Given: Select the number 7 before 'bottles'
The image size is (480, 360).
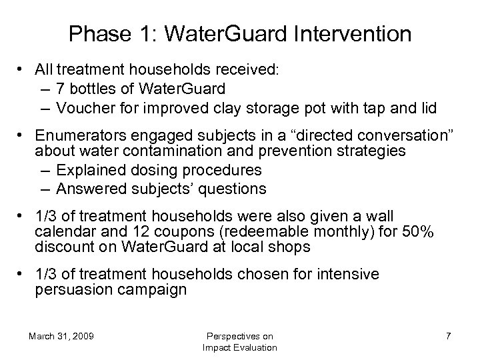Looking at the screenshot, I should [61, 89].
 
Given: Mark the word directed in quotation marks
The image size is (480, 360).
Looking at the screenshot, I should [302, 137].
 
